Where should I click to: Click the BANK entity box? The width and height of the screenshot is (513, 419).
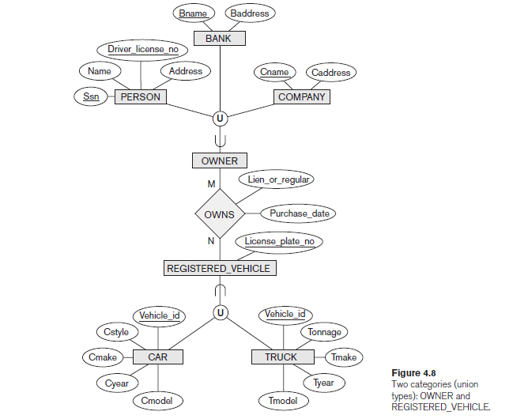click(218, 39)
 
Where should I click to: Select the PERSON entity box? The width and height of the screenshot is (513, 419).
click(141, 97)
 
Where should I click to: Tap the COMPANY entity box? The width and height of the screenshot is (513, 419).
click(301, 97)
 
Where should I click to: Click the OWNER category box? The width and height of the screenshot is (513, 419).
click(219, 160)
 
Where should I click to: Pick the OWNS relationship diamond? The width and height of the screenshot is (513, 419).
click(219, 214)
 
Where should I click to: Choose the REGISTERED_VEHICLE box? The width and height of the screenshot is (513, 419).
click(218, 268)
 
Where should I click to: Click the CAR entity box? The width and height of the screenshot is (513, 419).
click(157, 357)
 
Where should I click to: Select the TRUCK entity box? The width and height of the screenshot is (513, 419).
click(281, 357)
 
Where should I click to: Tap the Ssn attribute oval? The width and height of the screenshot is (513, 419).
click(91, 97)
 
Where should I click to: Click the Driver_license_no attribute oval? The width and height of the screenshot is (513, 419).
click(143, 50)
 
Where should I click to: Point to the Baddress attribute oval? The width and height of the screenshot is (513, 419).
click(250, 13)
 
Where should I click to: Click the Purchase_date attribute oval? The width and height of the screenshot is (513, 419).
click(299, 213)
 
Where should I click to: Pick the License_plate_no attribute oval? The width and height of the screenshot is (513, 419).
click(279, 240)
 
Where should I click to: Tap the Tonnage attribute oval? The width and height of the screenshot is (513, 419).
click(323, 333)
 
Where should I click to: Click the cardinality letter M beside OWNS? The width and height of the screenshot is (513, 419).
click(211, 183)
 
